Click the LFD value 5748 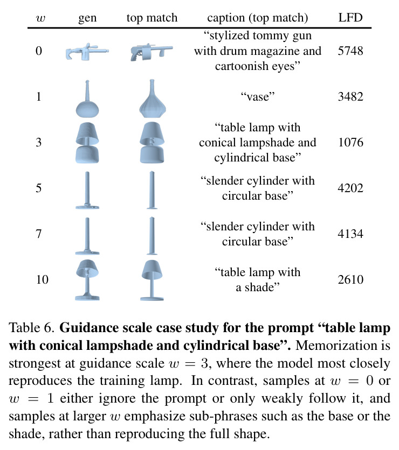[350, 51]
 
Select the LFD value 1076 [350, 142]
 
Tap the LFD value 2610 [350, 279]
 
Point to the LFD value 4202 [350, 188]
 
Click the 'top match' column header [152, 18]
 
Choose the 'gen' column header [87, 18]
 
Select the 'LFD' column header [350, 18]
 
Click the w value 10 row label [42, 279]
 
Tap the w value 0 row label [39, 51]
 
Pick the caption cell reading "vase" [258, 97]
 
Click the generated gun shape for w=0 [87, 52]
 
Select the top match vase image [153, 99]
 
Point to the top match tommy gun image [152, 53]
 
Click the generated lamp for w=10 [87, 280]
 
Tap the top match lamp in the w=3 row [152, 143]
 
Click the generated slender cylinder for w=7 [87, 236]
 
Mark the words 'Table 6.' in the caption [32, 328]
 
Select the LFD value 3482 [350, 97]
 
